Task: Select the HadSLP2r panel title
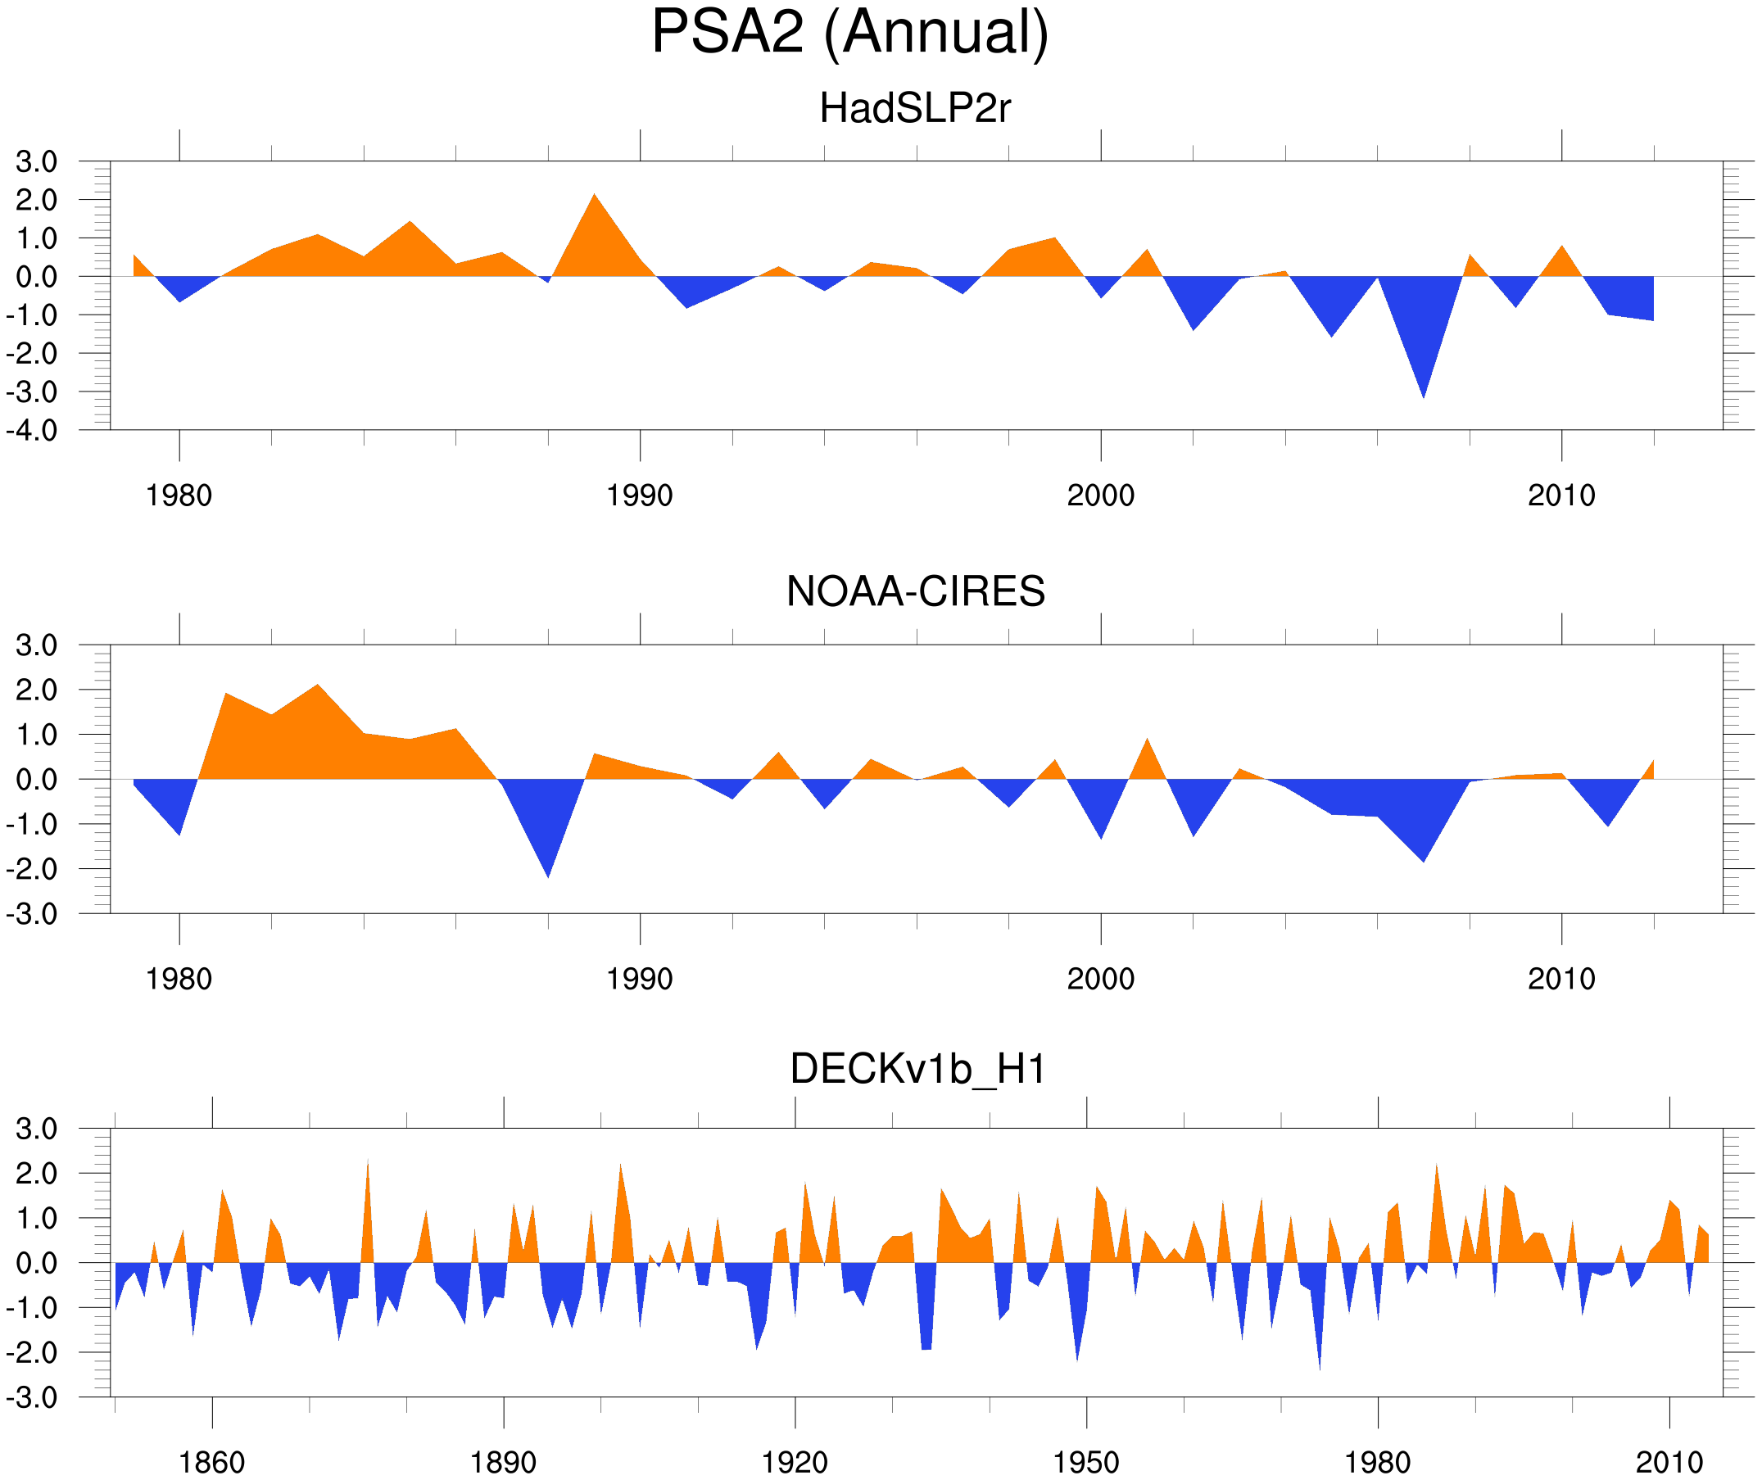click(914, 109)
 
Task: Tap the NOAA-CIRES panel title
click(915, 591)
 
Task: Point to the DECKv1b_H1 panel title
click(918, 1069)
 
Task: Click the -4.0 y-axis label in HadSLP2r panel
click(32, 432)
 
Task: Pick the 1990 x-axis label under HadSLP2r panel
click(640, 496)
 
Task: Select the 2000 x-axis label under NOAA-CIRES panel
click(1100, 979)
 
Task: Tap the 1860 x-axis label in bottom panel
click(211, 1462)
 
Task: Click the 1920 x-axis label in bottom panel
click(794, 1462)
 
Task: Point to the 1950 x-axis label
click(1085, 1462)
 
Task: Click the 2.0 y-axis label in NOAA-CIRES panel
click(36, 690)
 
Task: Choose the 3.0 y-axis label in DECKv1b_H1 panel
click(36, 1129)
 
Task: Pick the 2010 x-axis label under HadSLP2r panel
click(1560, 496)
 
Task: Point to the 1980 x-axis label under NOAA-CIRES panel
click(179, 979)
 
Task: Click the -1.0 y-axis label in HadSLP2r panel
click(32, 316)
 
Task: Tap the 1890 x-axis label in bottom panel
click(503, 1462)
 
